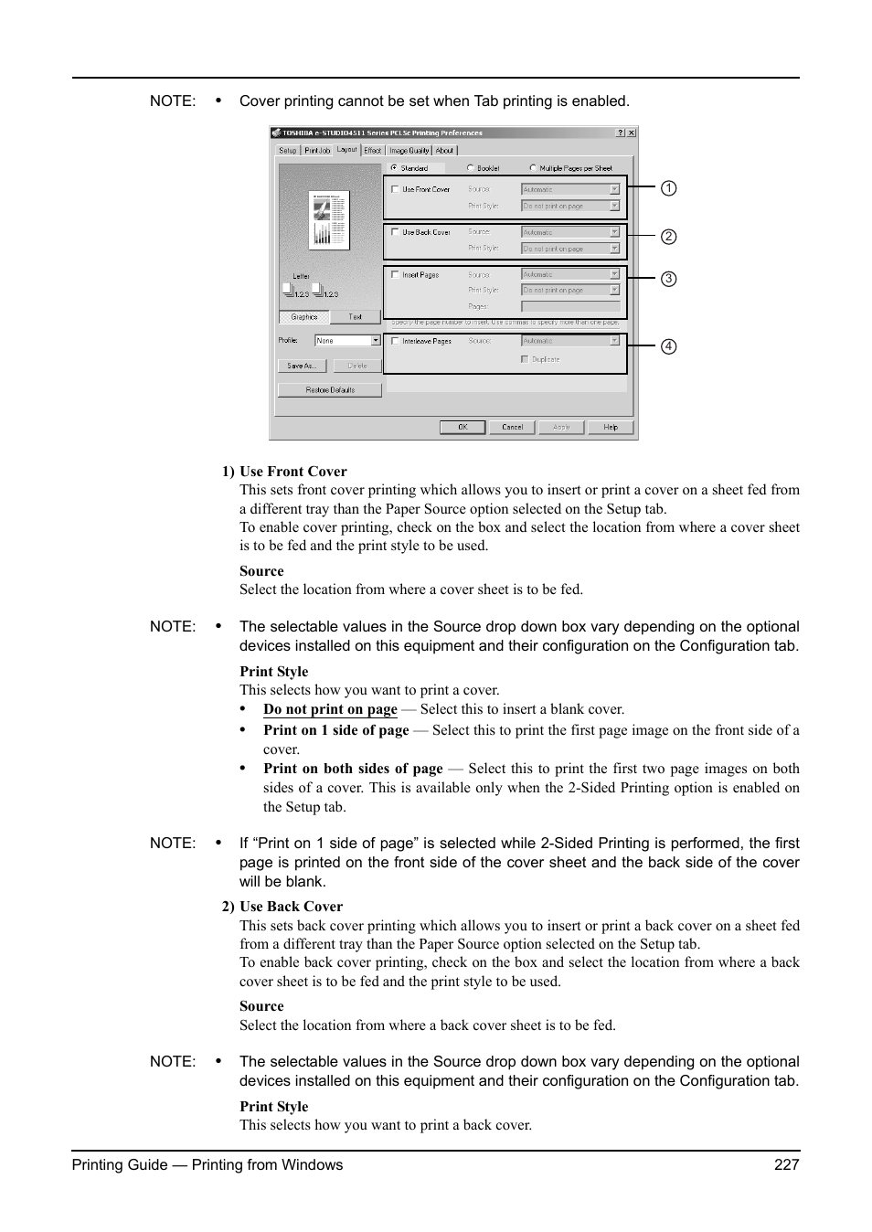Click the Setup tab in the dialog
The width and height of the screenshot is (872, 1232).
click(288, 151)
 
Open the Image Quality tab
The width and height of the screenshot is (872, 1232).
click(409, 151)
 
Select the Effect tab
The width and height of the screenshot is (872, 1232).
click(372, 151)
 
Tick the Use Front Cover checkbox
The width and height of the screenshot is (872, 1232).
click(395, 189)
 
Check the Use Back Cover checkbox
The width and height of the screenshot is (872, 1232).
click(395, 232)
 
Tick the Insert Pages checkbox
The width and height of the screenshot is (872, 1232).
click(395, 274)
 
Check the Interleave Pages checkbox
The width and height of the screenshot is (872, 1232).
click(395, 341)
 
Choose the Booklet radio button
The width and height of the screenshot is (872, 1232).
click(470, 168)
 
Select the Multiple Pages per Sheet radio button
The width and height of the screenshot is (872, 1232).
click(533, 168)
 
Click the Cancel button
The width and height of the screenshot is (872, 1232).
click(512, 427)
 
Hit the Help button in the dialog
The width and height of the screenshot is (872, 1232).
click(610, 427)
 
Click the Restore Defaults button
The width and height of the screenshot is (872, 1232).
click(330, 390)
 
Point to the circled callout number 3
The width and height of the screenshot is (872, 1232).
click(669, 279)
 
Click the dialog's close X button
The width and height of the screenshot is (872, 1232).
click(631, 133)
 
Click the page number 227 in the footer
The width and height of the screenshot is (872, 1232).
click(786, 1164)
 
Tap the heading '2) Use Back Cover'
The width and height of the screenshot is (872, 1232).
click(282, 907)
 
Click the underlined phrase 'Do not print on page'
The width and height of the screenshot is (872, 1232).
click(330, 709)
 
